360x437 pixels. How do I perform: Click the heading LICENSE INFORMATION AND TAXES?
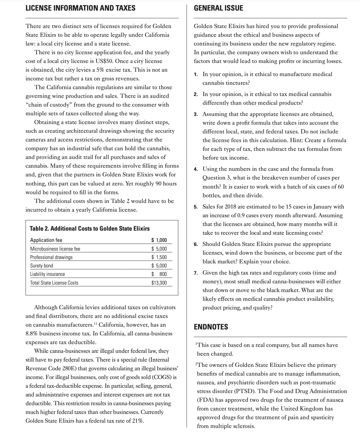80,8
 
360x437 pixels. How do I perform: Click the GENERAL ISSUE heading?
218,8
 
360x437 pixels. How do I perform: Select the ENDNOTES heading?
211,327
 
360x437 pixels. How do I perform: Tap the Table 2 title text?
89,228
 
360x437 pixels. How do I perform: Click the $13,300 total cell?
159,283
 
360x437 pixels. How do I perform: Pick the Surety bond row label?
41,266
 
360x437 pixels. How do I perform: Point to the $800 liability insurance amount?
159,274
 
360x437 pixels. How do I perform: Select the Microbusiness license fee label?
55,249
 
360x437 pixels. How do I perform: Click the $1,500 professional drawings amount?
159,257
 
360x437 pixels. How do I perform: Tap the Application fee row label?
46,240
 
